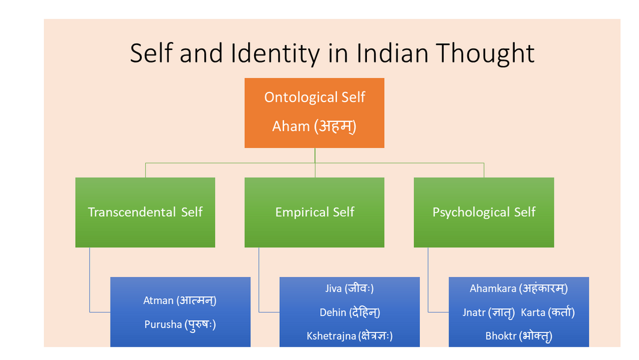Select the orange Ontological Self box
314,112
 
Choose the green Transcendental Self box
145,212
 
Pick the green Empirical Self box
314,212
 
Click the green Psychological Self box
483,212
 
